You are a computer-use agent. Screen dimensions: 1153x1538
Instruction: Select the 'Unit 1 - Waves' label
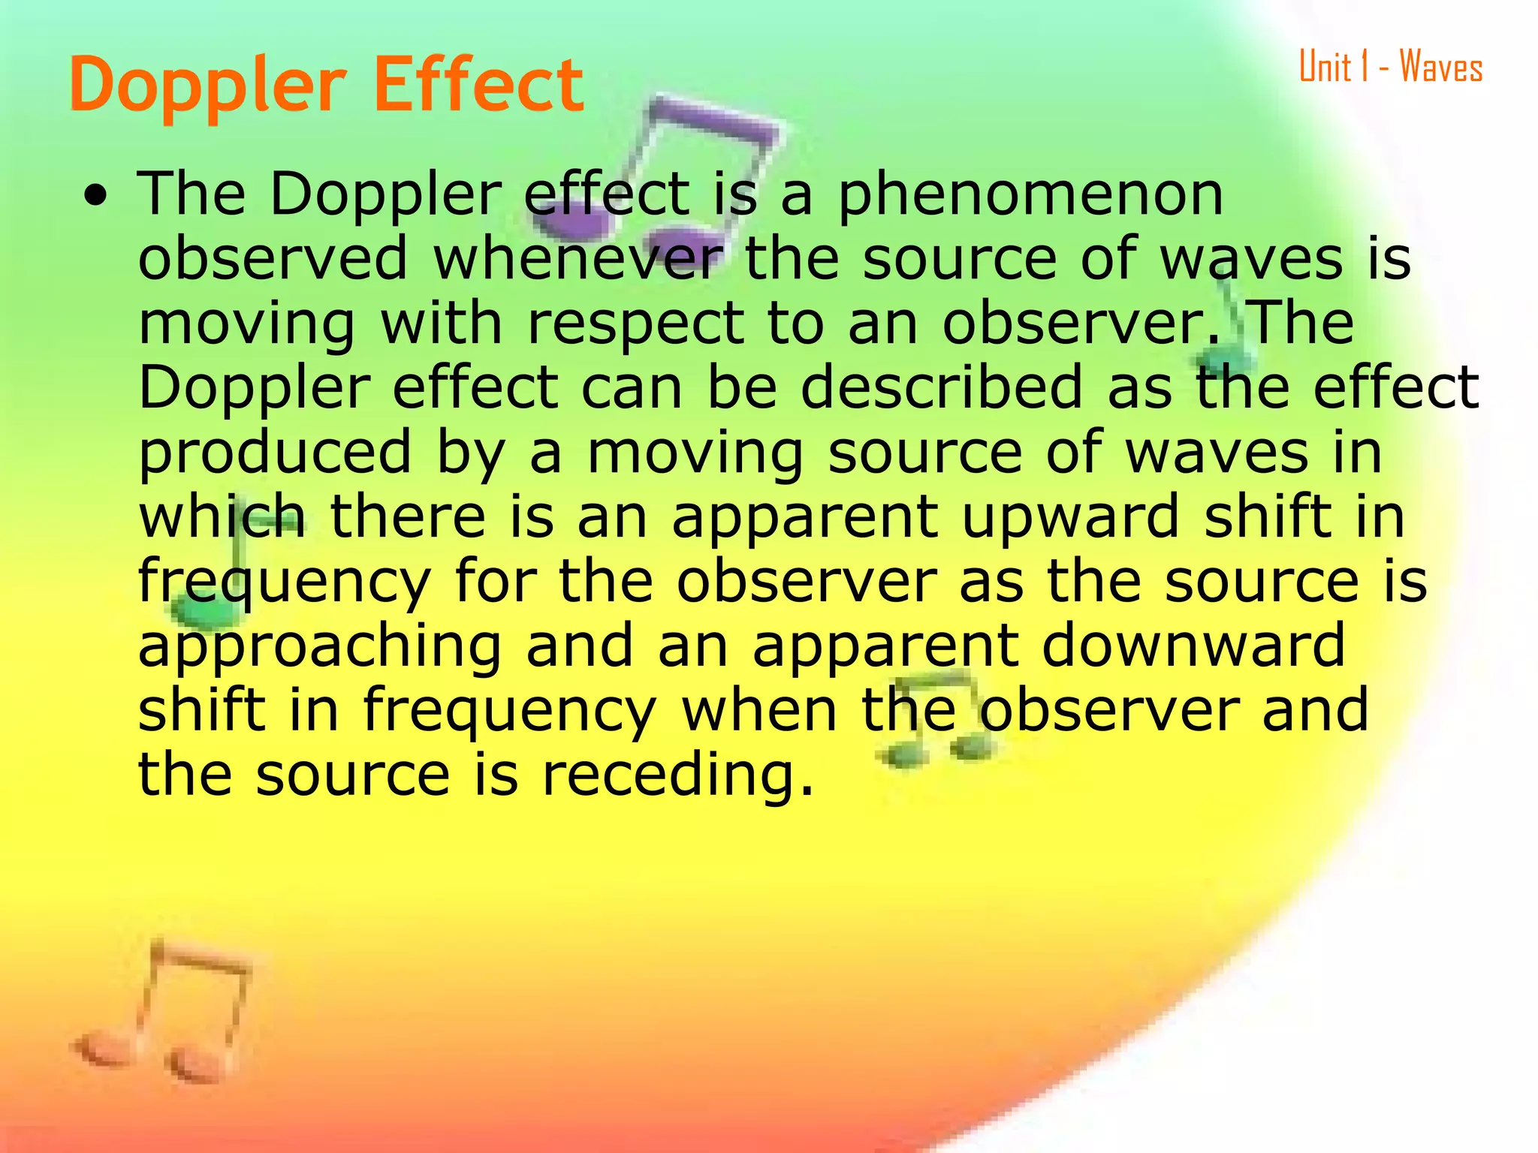click(x=1390, y=67)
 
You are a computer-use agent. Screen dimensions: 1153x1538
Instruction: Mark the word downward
click(x=1193, y=646)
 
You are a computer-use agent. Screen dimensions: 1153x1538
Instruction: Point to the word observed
click(x=273, y=258)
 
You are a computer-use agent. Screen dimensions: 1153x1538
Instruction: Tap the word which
click(x=222, y=516)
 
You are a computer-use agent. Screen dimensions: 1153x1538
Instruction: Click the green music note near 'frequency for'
click(x=210, y=593)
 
